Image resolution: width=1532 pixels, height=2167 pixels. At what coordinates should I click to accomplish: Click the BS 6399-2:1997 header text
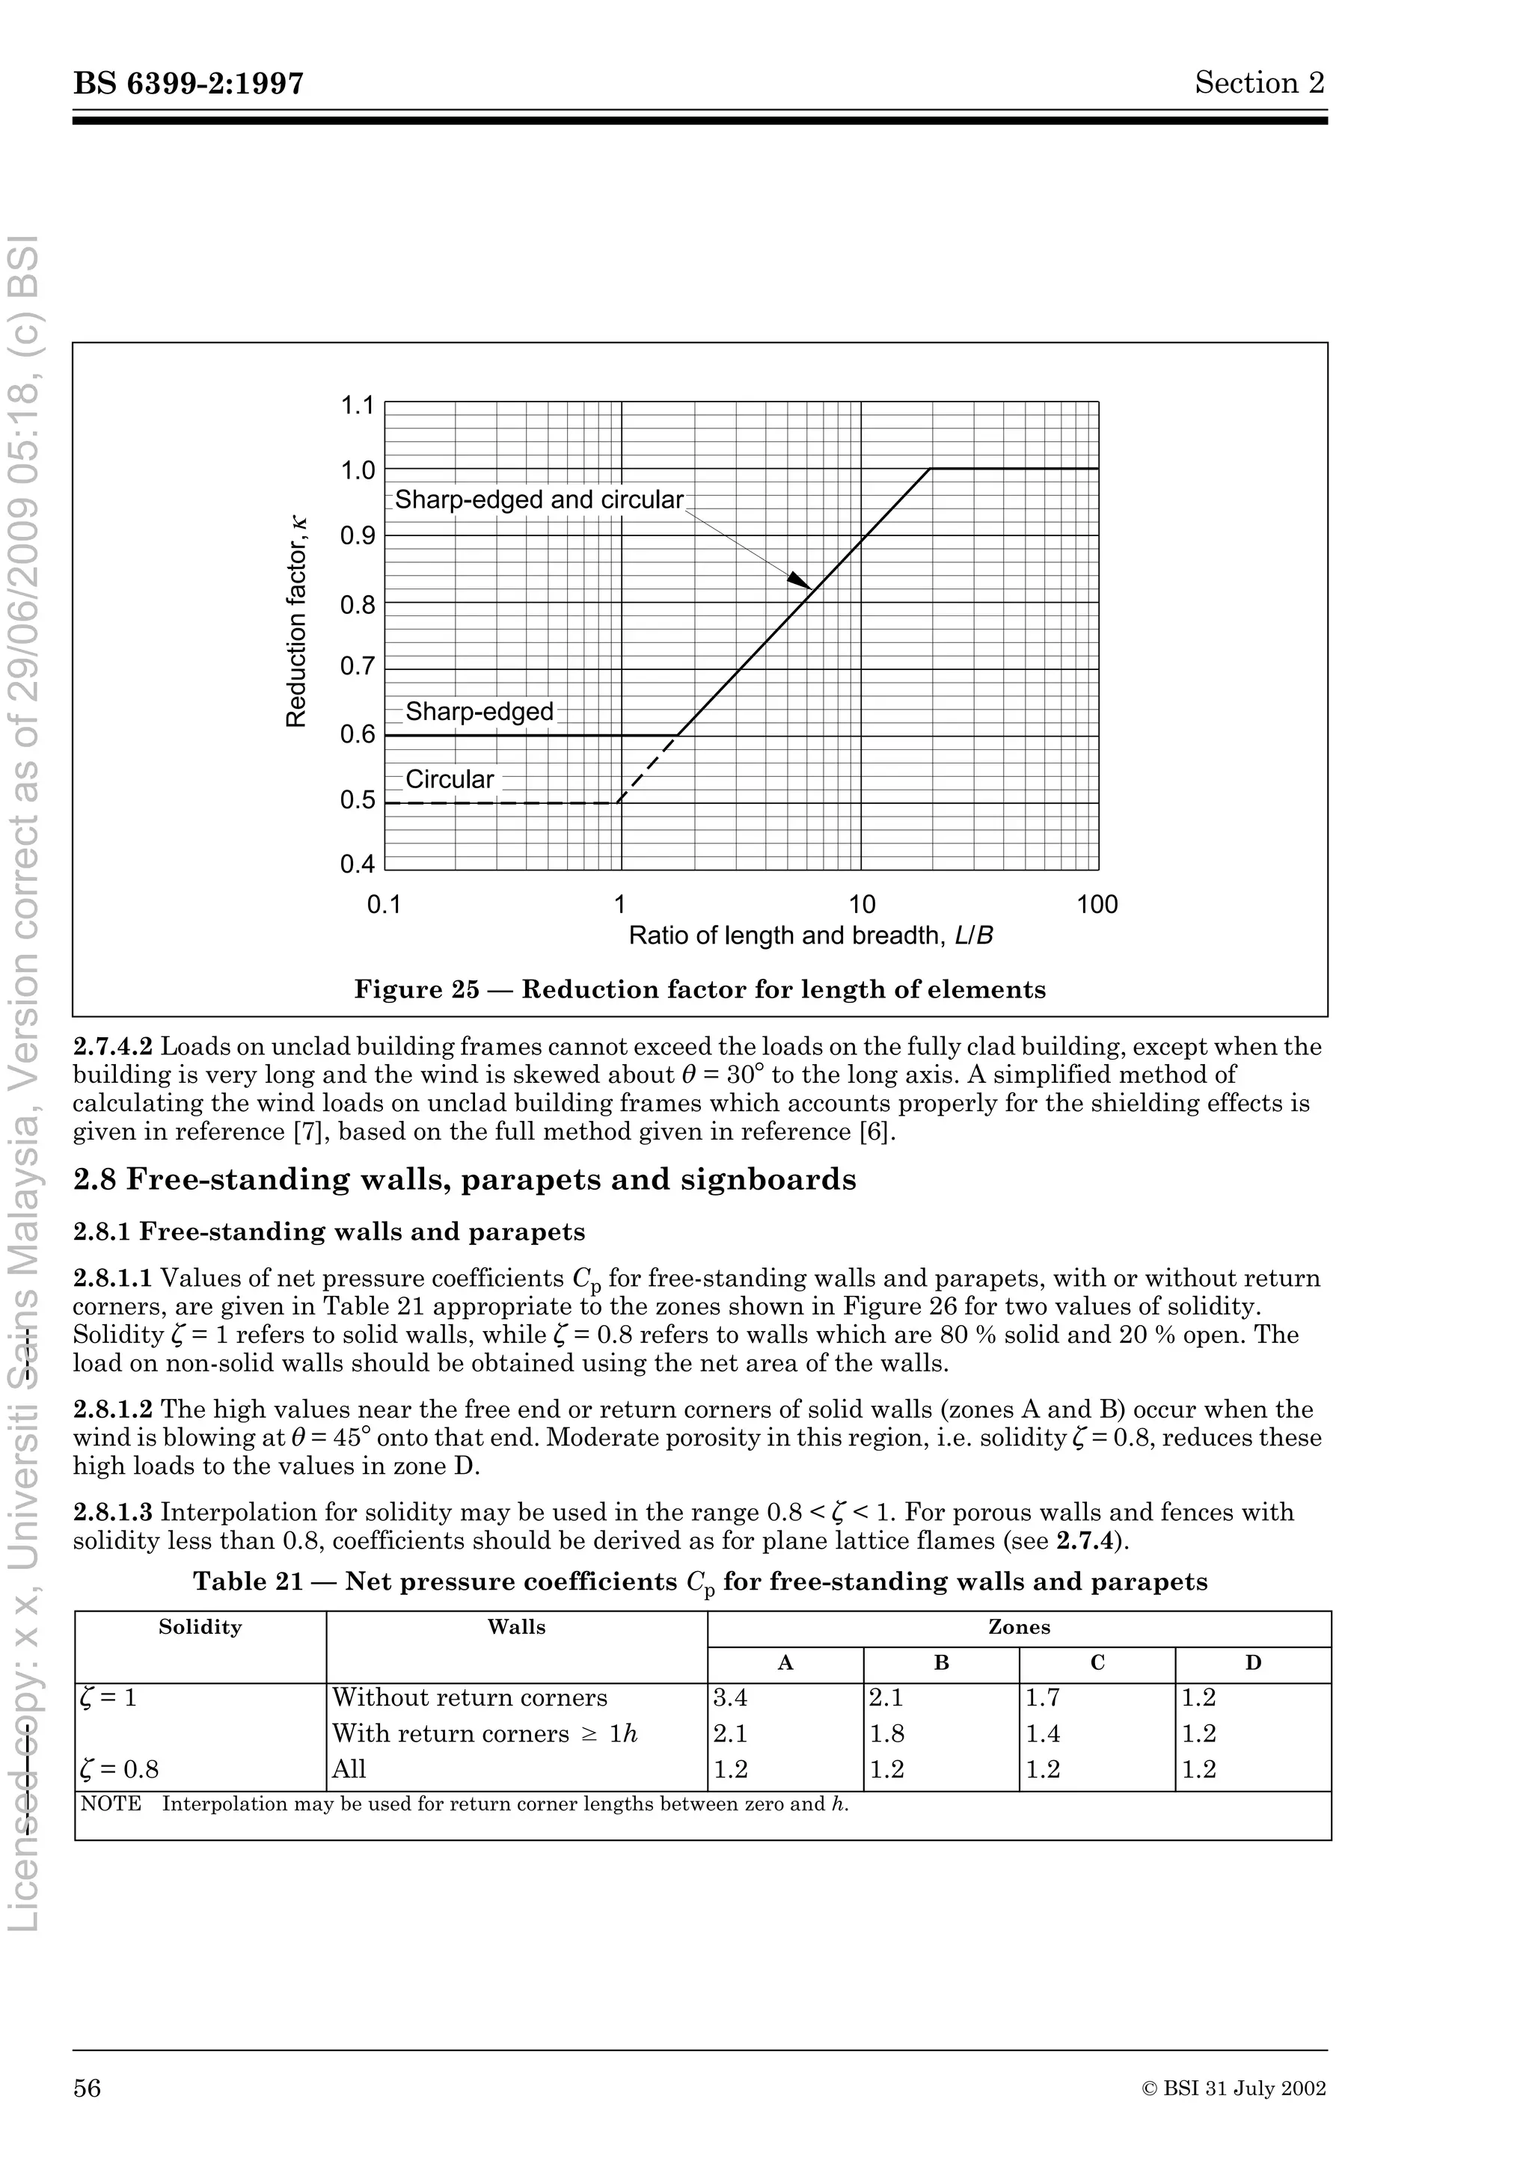tap(189, 84)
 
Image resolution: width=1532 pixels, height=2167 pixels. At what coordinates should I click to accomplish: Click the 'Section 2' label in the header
tap(1259, 83)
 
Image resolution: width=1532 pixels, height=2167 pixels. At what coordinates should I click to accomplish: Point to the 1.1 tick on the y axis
tap(358, 406)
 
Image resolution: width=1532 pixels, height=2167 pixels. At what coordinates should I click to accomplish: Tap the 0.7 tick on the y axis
tap(358, 667)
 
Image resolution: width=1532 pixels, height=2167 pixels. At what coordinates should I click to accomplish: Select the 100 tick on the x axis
tap(1097, 904)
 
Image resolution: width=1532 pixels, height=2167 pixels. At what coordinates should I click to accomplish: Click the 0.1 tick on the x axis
tap(384, 904)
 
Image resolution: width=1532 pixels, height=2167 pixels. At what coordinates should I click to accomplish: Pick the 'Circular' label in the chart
tap(450, 780)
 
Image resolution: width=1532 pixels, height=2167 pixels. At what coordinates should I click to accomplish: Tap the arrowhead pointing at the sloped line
tap(800, 580)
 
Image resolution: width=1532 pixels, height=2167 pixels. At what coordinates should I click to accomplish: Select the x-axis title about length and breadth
tap(810, 935)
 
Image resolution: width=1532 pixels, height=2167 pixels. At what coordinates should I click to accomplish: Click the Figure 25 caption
tap(699, 989)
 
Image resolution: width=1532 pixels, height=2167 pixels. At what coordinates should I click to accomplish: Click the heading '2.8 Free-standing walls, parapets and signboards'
tap(465, 1180)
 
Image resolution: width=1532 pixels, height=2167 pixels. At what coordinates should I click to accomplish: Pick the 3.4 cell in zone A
tap(731, 1698)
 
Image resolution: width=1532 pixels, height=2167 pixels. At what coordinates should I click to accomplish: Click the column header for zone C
tap(1097, 1663)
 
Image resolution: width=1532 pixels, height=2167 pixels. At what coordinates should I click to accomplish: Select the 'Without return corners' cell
tap(469, 1698)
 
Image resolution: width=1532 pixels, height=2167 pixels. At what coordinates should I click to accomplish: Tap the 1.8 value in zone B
tap(886, 1734)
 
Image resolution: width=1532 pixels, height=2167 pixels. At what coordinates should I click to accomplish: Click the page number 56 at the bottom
tap(87, 2088)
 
